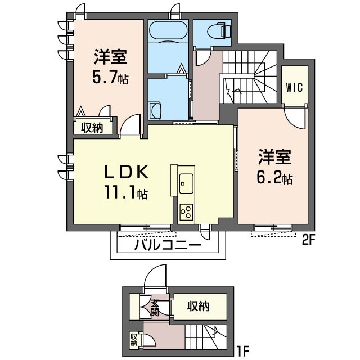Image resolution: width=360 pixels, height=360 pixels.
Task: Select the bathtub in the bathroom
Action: [168, 31]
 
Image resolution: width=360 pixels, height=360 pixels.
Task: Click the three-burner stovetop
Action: [186, 212]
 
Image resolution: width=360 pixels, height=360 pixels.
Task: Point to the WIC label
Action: [295, 88]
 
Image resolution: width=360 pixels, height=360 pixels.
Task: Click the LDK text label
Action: [127, 172]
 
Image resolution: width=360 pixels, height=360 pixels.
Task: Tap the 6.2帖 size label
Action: [274, 178]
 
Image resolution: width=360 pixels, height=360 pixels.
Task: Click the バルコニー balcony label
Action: [168, 245]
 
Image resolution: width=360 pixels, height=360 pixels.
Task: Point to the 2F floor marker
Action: [308, 240]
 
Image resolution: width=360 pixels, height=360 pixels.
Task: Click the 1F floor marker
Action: [242, 350]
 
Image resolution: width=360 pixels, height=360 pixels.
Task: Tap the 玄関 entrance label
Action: [155, 308]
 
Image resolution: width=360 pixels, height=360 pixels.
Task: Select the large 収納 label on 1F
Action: [198, 306]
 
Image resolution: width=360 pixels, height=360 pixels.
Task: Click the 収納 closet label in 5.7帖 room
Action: [92, 128]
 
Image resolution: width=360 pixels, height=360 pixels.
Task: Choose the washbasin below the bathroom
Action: [155, 111]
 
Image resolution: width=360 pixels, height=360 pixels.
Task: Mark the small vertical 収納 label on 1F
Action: [134, 339]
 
